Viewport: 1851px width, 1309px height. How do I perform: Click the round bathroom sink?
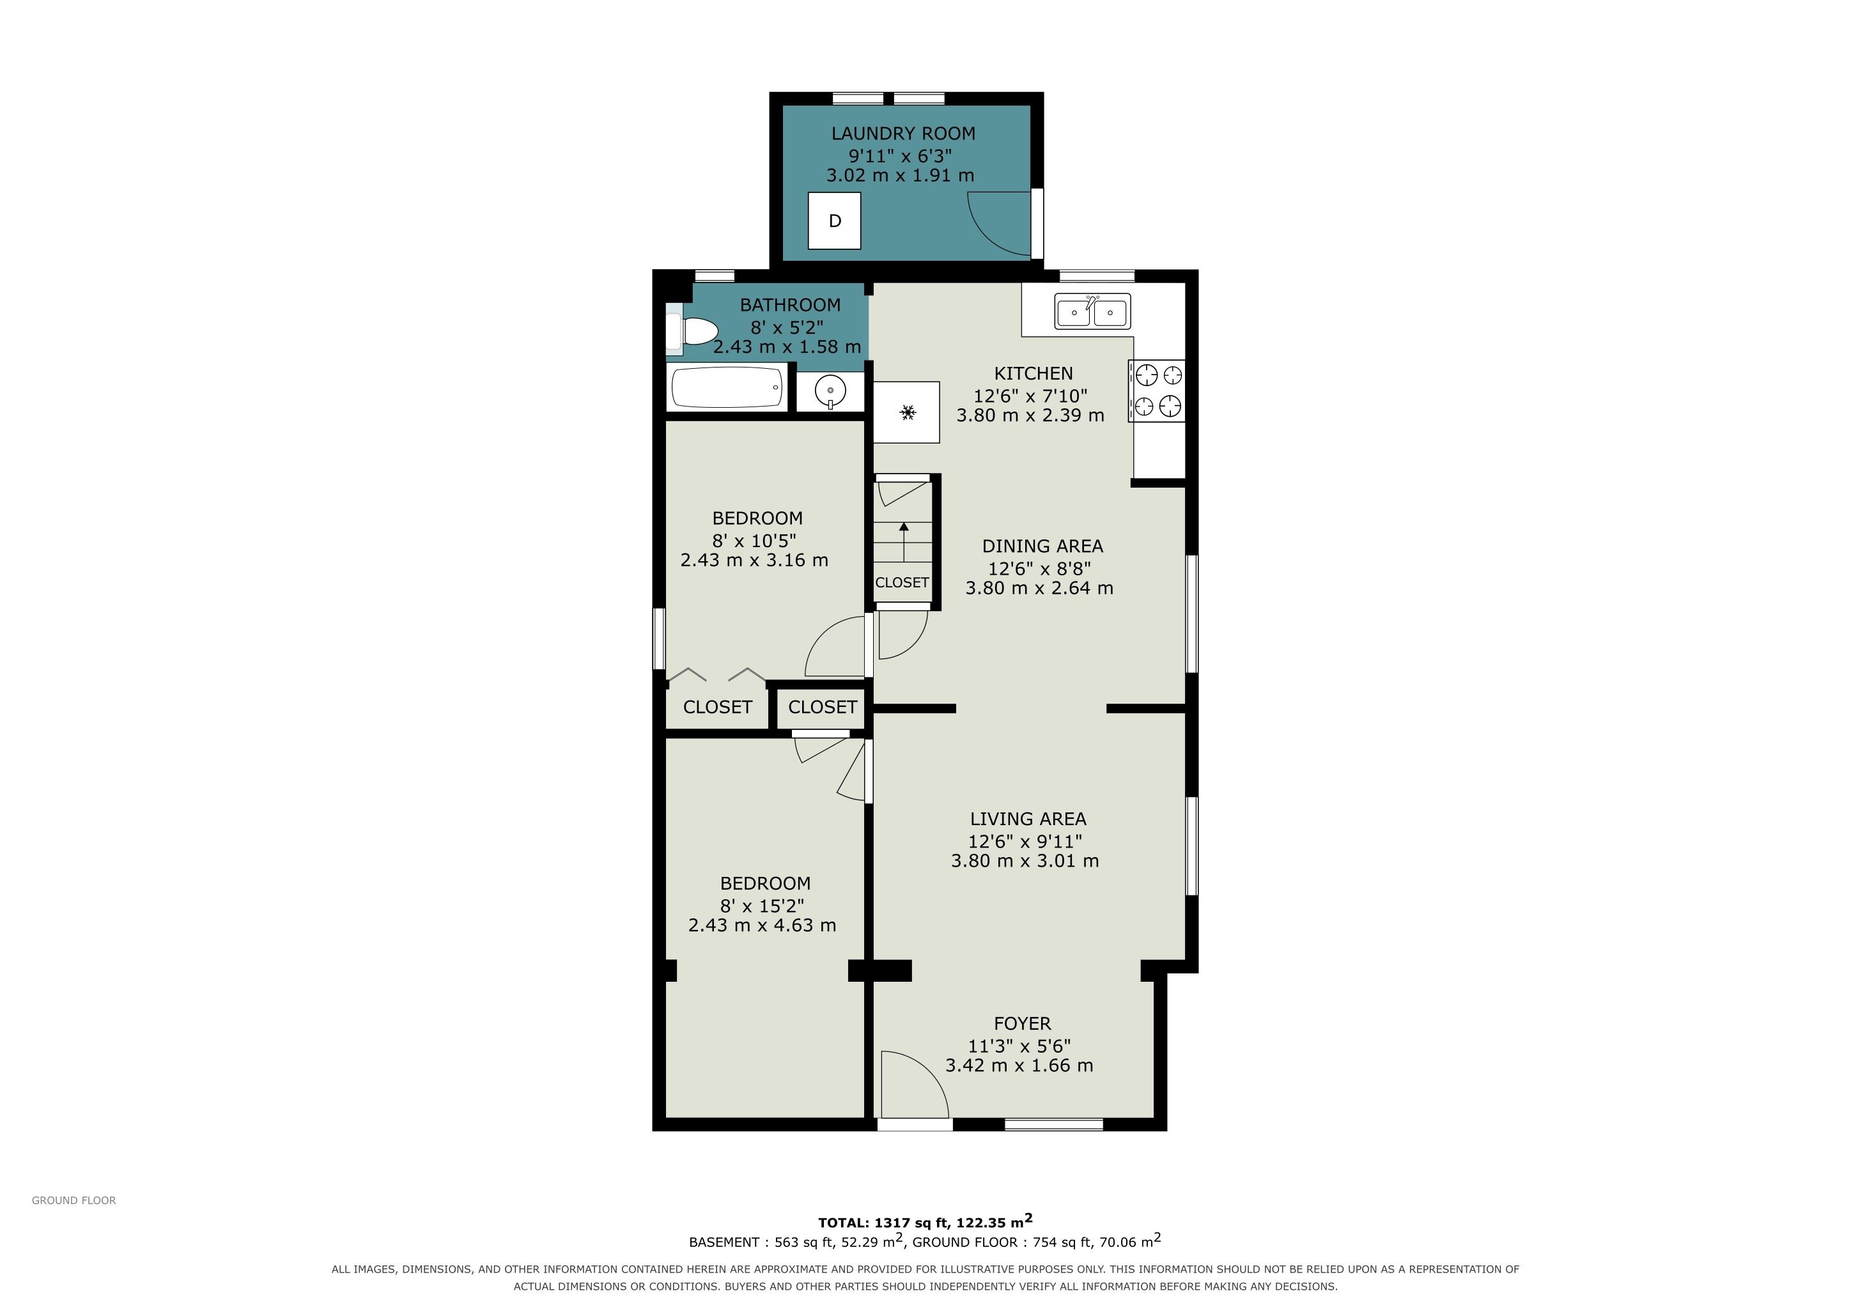830,392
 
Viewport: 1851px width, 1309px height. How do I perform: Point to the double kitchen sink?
1092,311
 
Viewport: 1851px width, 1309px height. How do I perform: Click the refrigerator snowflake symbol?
908,413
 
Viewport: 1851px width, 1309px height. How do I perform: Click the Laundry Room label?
903,134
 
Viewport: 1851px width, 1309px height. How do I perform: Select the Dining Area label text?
1042,546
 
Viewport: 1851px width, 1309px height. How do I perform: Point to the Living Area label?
1028,819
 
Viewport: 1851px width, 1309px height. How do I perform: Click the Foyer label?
1022,1024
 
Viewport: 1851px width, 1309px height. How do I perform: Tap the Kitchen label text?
1034,373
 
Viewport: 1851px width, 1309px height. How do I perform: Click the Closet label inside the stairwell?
902,582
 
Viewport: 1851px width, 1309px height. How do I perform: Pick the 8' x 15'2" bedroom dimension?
762,906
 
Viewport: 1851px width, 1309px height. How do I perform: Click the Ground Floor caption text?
74,1200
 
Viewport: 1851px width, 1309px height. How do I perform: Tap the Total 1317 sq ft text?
925,1222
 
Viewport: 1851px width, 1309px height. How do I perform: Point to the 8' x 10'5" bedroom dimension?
754,540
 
